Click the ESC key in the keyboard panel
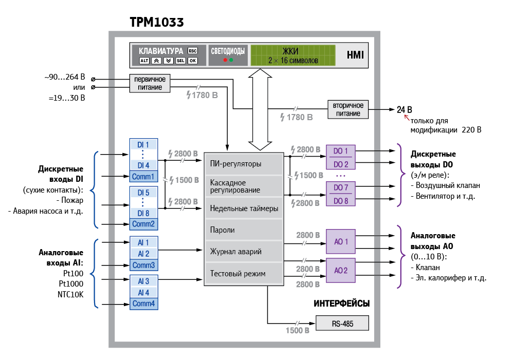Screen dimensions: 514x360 [x=193, y=51]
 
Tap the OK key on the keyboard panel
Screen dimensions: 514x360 [x=193, y=61]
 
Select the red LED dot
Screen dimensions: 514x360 [x=225, y=60]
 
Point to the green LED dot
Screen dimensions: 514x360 [x=231, y=60]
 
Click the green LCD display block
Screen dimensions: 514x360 [x=293, y=55]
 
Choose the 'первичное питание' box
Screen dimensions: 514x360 [x=150, y=83]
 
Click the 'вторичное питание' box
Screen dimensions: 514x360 [x=348, y=109]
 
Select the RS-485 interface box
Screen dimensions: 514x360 [x=342, y=324]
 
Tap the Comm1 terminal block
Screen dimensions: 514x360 [x=143, y=176]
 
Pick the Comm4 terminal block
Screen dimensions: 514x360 [x=143, y=304]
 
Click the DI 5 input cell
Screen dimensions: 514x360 [x=143, y=193]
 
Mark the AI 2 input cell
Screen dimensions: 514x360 [x=143, y=254]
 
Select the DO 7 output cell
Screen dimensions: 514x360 [x=341, y=187]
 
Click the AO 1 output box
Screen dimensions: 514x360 [x=341, y=241]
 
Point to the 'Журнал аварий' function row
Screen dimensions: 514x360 [x=244, y=252]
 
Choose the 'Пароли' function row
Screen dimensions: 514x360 [x=244, y=230]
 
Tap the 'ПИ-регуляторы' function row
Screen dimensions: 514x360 [x=244, y=164]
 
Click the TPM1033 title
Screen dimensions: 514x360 [x=157, y=22]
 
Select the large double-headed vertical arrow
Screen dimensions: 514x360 [x=260, y=109]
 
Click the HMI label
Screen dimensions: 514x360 [x=355, y=55]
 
